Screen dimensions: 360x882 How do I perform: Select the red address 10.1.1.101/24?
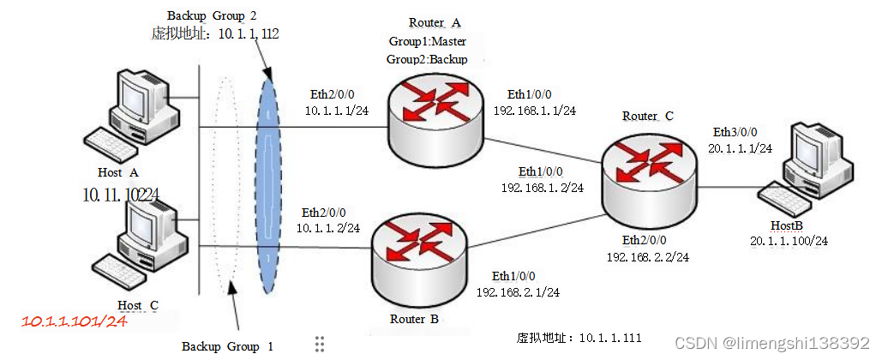[x=75, y=322]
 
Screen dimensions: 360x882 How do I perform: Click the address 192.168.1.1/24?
[x=534, y=111]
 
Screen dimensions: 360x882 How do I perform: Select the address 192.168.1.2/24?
[x=542, y=187]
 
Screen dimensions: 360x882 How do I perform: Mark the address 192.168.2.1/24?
[x=518, y=292]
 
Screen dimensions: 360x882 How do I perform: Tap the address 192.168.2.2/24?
[x=648, y=256]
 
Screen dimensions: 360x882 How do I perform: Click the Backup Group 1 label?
[x=227, y=346]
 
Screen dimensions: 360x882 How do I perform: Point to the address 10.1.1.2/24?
[x=327, y=228]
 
